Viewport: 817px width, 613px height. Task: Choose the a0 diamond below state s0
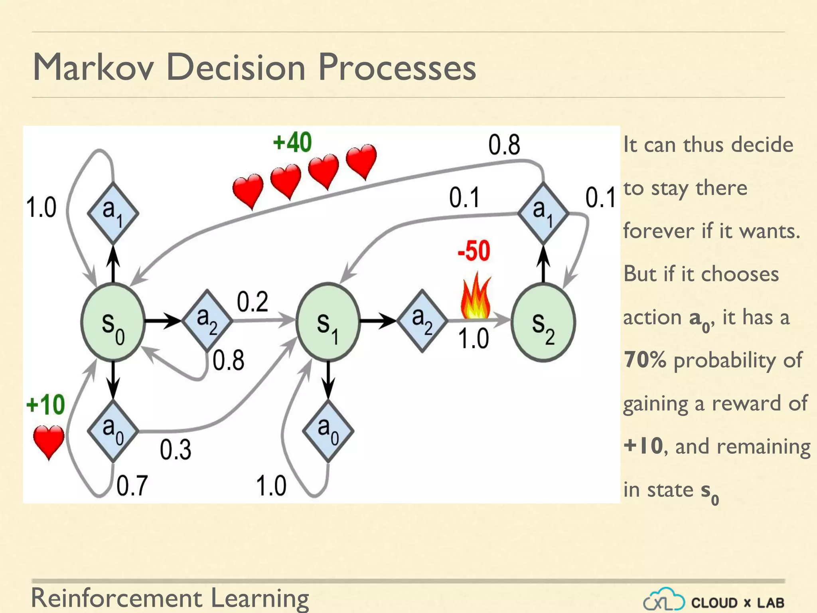tap(113, 431)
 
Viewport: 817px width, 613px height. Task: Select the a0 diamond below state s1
tap(328, 431)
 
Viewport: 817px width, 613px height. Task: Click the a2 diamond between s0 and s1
tap(207, 320)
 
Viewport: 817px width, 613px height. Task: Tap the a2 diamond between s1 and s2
tap(422, 320)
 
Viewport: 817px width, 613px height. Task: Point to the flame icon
tap(475, 296)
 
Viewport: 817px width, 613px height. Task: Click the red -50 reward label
tap(474, 251)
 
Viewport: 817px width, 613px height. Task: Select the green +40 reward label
tap(292, 142)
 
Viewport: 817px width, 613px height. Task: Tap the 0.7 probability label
tap(132, 485)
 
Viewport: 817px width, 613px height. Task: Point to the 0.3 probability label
tap(176, 449)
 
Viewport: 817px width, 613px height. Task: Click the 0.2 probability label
tap(253, 302)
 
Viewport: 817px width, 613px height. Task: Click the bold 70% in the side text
tap(645, 360)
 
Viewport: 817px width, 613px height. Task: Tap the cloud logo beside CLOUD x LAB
tap(663, 600)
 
